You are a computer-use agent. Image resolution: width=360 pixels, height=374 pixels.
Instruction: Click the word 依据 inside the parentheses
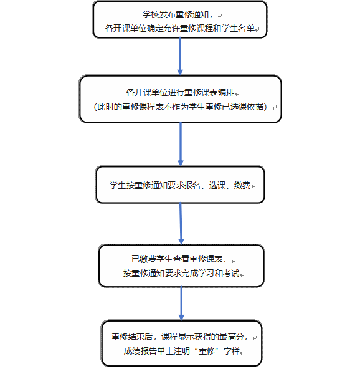point(255,107)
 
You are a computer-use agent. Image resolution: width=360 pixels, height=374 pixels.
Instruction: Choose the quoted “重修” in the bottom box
point(207,351)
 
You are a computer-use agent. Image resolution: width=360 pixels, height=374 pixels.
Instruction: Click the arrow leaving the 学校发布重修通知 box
point(180,56)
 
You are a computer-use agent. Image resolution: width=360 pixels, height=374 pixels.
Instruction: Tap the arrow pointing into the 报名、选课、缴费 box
point(181,144)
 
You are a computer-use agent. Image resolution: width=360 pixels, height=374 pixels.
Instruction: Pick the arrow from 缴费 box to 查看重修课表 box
point(181,224)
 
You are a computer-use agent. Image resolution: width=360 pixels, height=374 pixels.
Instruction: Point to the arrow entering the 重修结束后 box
point(181,304)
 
